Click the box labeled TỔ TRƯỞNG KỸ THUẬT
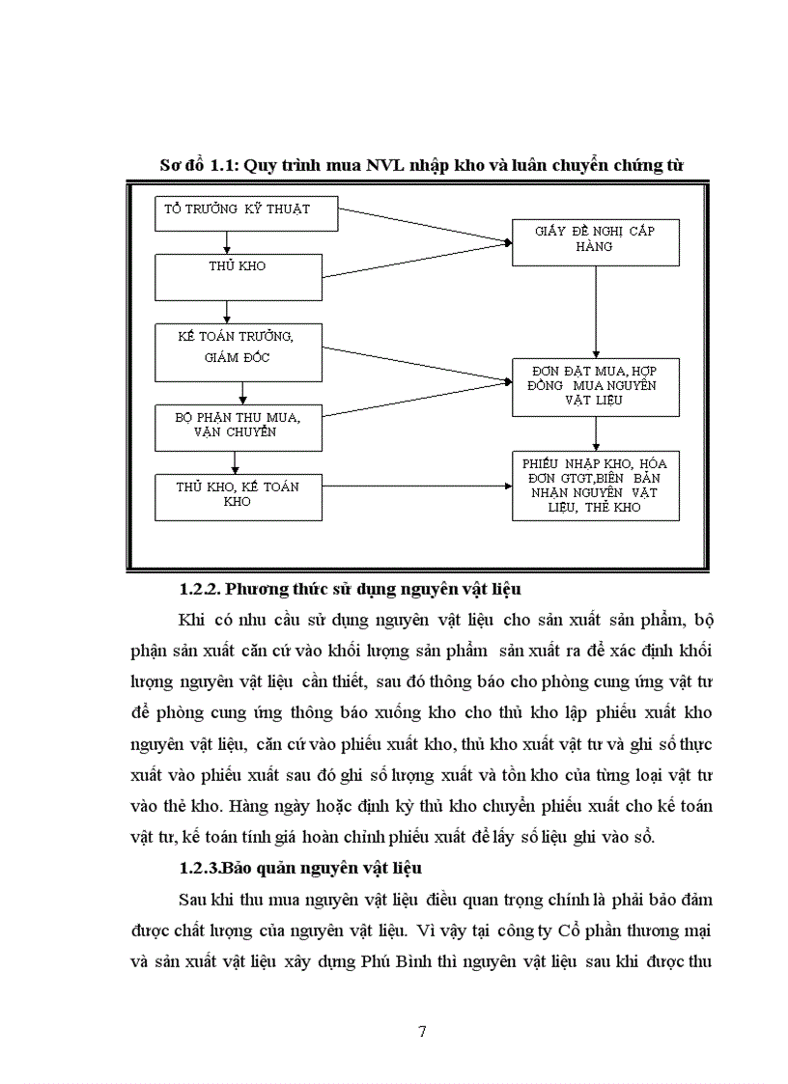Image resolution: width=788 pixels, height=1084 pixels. (x=246, y=213)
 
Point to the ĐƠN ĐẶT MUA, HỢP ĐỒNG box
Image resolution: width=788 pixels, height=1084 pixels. (x=595, y=386)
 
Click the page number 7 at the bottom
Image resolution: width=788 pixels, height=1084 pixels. (x=422, y=1031)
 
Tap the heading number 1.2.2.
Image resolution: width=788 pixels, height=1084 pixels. (x=201, y=588)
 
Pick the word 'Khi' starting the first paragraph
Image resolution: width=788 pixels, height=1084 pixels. (x=192, y=620)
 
